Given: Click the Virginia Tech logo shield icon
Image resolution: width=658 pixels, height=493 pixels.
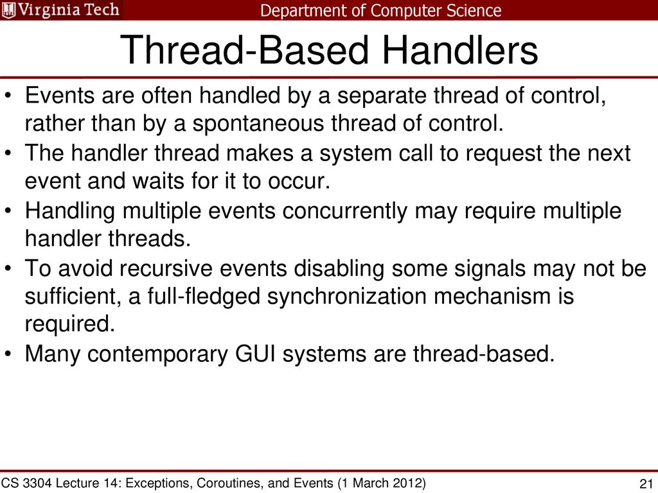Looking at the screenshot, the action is point(9,10).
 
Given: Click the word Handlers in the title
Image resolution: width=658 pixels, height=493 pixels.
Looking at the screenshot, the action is point(460,50).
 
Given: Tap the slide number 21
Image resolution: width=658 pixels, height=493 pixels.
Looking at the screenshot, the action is point(646,484).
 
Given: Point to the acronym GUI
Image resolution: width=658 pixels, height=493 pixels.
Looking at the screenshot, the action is point(255,354).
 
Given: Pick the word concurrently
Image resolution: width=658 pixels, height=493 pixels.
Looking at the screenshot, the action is point(344,211).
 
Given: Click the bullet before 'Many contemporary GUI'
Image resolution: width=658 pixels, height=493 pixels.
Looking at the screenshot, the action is point(8,354).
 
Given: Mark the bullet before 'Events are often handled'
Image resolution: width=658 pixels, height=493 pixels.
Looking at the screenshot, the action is point(8,95).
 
